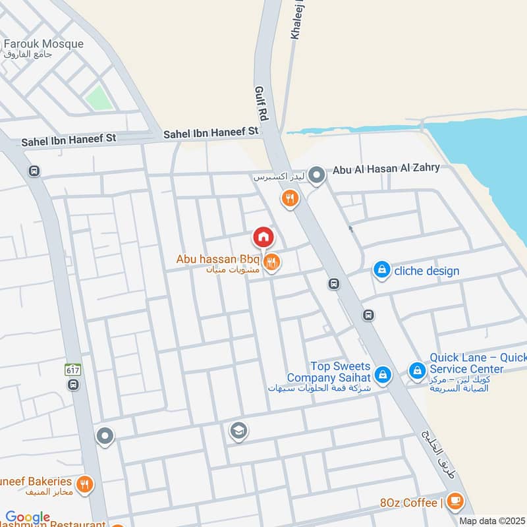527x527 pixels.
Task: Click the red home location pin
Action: point(263,236)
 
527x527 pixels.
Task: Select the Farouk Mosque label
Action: point(43,44)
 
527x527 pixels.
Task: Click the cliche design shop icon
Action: point(381,270)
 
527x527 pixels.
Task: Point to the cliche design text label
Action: point(427,271)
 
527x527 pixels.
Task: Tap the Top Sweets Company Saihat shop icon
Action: point(382,375)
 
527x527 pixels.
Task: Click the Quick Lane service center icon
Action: point(416,372)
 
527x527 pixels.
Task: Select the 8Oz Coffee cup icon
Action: point(454,502)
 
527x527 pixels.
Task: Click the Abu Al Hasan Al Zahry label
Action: point(386,168)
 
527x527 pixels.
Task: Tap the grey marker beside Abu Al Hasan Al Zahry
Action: point(318,175)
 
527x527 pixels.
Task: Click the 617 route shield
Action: point(72,370)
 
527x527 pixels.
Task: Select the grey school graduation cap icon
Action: point(238,431)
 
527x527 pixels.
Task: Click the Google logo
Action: point(28,517)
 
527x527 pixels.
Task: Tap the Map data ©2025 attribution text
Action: point(491,521)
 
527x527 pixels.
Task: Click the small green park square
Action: point(97,98)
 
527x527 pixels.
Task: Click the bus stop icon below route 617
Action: point(72,384)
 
